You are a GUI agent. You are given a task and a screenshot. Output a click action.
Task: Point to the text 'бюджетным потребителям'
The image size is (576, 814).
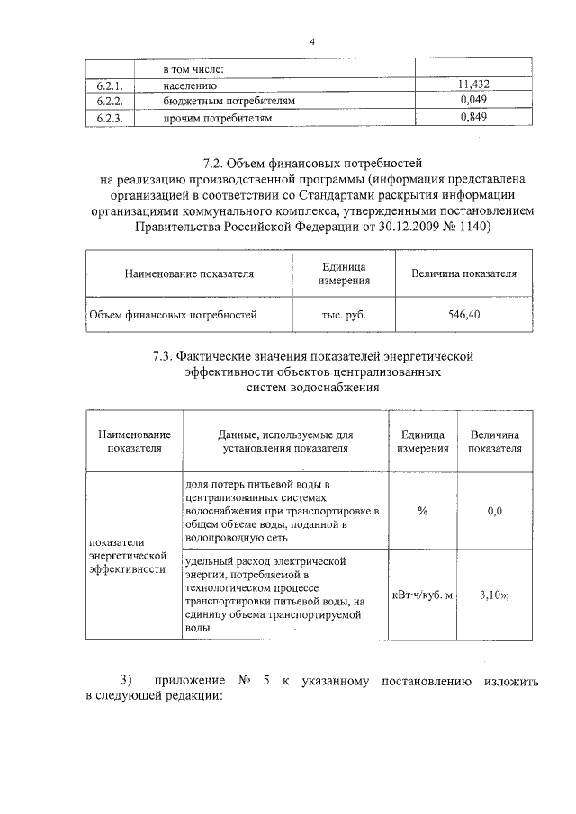point(229,101)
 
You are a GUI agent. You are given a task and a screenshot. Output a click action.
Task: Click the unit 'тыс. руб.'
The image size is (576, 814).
point(344,315)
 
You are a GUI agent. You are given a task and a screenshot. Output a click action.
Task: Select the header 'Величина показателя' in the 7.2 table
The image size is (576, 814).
point(463,273)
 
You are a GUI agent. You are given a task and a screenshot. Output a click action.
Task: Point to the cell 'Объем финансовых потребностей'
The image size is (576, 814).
point(173,315)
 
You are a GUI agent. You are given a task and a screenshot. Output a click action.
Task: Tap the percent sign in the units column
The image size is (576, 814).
point(422,511)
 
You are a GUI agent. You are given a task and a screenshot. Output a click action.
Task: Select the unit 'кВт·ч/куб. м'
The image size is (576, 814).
point(422,594)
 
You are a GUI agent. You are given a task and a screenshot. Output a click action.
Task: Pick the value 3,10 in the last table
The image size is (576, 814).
point(490,594)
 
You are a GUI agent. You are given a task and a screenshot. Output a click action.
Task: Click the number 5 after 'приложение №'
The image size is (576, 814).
point(267,680)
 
